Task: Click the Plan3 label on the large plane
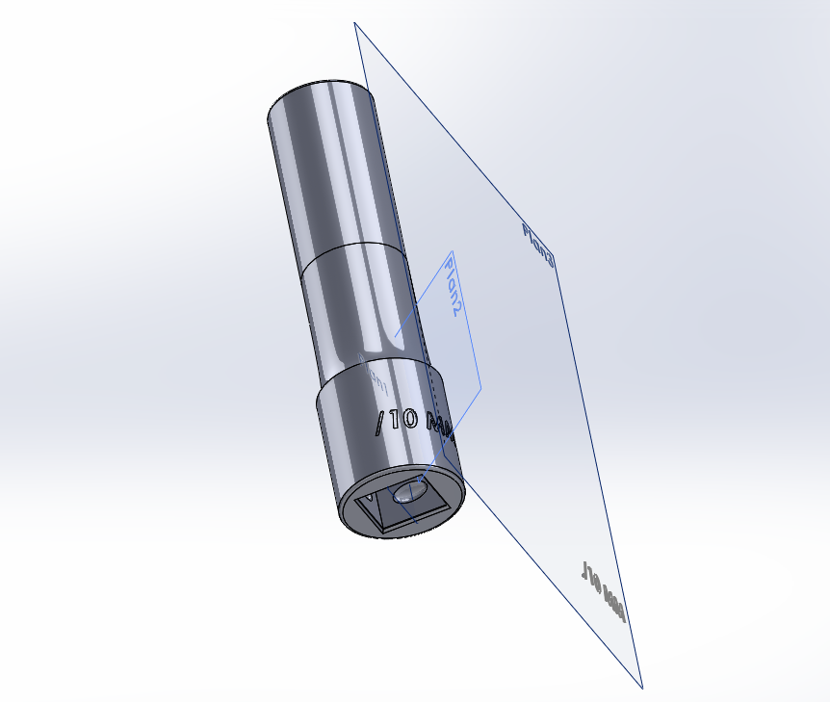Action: tap(538, 245)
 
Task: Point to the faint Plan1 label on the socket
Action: tap(375, 377)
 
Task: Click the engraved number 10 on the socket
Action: tap(403, 420)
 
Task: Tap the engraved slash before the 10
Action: tap(381, 421)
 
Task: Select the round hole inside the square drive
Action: tap(411, 492)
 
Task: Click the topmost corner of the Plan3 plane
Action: tap(355, 23)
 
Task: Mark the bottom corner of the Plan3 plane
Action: tap(642, 688)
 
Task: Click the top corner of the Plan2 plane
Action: tap(451, 252)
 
